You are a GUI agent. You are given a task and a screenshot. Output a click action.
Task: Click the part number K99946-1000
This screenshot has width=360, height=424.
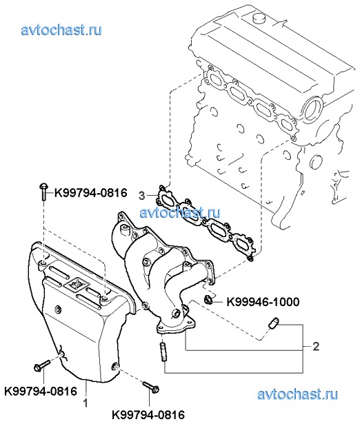263,302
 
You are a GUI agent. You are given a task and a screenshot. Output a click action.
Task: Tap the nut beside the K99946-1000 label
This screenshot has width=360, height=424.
208,300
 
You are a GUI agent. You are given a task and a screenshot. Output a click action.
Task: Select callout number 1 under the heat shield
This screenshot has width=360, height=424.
86,403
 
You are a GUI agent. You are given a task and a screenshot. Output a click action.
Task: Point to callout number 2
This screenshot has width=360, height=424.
316,346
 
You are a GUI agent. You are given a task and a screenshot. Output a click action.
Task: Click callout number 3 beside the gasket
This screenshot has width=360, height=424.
142,196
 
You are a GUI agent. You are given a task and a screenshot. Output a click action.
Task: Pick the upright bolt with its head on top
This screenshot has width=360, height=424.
43,192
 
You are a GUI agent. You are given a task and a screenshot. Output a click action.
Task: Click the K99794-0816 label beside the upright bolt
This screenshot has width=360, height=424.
91,193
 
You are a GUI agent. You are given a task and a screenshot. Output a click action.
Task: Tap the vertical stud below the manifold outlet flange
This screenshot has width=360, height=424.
163,352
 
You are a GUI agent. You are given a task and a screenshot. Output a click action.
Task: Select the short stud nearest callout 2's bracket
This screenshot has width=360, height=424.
274,323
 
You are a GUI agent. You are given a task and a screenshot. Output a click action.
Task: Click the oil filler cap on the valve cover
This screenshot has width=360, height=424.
259,19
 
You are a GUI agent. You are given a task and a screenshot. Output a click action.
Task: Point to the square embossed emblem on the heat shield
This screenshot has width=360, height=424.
76,284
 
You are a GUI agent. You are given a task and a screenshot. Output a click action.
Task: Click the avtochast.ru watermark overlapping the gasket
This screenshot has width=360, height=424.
180,212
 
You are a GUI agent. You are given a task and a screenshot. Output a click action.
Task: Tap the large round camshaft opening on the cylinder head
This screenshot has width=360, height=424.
312,110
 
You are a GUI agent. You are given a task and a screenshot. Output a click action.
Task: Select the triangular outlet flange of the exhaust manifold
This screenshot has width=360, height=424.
176,323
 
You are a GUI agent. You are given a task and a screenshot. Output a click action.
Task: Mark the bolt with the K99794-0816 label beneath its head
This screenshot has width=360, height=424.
42,365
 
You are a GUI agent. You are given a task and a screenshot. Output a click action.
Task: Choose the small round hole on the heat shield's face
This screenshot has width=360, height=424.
57,309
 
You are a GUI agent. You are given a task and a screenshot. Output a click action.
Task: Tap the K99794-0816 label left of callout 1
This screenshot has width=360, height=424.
41,392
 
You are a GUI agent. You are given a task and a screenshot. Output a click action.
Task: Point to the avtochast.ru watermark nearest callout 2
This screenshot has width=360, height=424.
297,394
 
